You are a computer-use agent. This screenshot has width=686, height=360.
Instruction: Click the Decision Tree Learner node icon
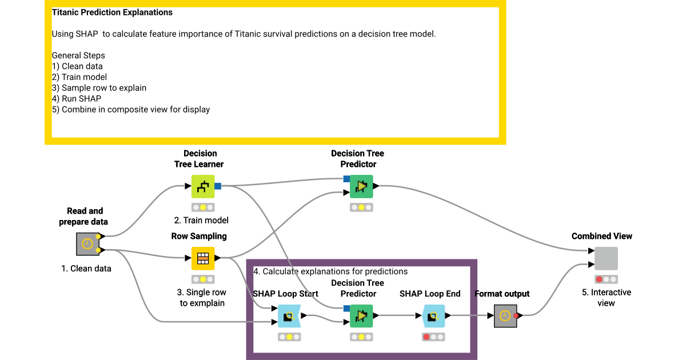tap(202, 186)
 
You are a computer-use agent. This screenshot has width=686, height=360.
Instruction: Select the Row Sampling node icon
tap(202, 258)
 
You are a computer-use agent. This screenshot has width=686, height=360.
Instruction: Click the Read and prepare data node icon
tap(87, 244)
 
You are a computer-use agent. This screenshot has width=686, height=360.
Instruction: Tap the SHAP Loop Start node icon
tap(289, 315)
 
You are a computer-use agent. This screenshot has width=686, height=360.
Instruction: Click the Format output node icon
tap(505, 315)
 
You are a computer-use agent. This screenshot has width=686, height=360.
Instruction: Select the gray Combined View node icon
tap(606, 258)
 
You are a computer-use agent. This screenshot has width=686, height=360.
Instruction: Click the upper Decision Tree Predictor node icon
tap(361, 186)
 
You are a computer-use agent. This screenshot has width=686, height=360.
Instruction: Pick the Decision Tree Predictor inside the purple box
tap(361, 315)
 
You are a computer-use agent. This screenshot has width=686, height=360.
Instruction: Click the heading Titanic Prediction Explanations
tap(112, 12)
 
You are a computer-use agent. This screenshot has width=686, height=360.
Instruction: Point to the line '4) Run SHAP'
tap(77, 98)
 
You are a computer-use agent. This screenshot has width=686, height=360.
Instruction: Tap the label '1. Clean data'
tap(86, 268)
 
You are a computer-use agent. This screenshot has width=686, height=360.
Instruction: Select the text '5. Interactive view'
tap(606, 297)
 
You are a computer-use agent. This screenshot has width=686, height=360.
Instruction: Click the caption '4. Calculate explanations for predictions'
tap(330, 271)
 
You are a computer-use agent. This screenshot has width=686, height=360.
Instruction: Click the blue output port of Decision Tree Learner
tap(218, 186)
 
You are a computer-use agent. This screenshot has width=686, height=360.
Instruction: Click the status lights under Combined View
tap(606, 279)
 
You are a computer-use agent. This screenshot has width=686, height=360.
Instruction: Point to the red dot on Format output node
tap(516, 315)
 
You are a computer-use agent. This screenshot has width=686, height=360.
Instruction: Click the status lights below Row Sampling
tap(202, 279)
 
